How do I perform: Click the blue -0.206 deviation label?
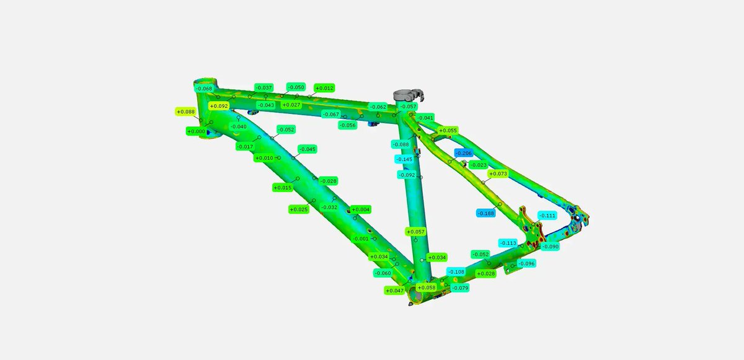coord(464,153)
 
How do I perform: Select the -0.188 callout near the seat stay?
coord(486,213)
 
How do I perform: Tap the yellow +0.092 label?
coord(219,106)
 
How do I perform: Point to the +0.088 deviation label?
coord(185,112)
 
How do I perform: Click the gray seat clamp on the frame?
coord(409,95)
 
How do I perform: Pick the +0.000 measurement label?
coord(197,131)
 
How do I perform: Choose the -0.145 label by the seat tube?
coord(404,159)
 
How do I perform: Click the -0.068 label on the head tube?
coord(204,88)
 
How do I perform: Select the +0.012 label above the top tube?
coord(324,88)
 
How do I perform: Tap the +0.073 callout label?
coord(498,173)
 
